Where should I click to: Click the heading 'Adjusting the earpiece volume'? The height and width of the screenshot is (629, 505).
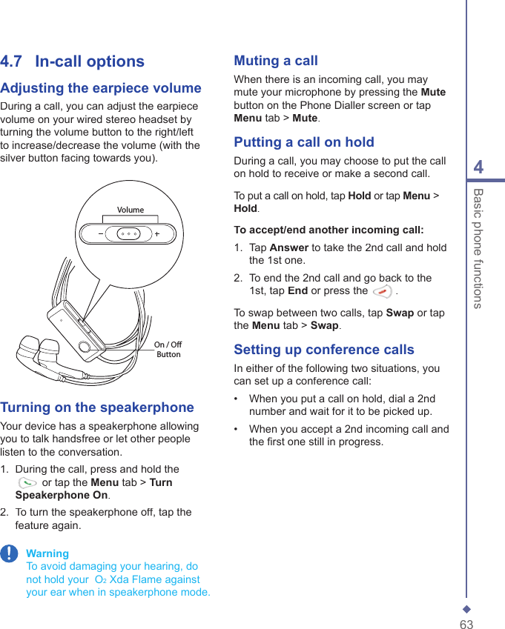pos(101,88)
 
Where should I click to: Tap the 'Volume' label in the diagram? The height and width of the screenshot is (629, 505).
pos(131,210)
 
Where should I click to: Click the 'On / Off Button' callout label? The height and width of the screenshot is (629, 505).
pos(168,350)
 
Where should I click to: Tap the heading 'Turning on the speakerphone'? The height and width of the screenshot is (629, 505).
pos(97,407)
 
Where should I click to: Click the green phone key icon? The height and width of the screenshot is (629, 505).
pos(27,482)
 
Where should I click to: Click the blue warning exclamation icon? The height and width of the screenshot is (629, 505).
pos(9,554)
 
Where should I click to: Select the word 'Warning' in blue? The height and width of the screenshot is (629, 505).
pos(47,553)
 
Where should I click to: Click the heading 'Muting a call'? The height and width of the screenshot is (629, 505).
pos(276,61)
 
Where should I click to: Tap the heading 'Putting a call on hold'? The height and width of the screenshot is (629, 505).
pos(304,142)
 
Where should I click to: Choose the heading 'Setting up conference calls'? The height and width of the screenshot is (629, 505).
pos(324,350)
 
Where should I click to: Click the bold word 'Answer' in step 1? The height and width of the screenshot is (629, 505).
pos(290,247)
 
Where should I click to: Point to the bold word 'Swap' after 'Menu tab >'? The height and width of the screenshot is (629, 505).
pos(324,325)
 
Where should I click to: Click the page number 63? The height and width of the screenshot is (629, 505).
pos(466,625)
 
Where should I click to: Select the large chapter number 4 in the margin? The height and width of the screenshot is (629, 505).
pos(478,167)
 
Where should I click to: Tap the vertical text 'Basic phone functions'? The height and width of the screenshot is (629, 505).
pos(479,248)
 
